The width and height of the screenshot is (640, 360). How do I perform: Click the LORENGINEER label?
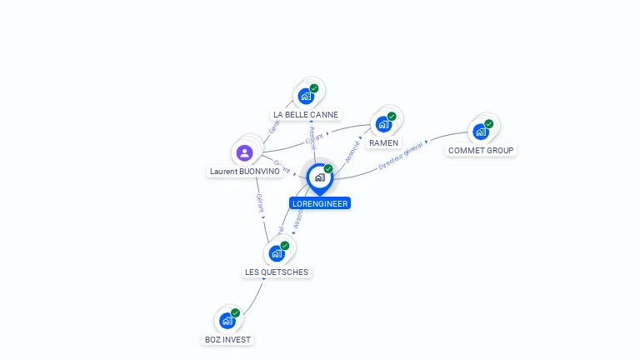pos(320,203)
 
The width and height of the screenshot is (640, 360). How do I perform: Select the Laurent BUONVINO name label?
pos(244,172)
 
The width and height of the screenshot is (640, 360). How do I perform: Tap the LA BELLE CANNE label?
pos(306,114)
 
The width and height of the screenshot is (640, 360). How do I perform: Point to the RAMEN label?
pos(383,143)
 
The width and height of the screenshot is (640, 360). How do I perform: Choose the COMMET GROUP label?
pos(481,151)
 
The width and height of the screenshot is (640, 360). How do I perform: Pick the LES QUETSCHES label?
pos(277,272)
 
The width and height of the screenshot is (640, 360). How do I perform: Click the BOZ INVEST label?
pos(227,340)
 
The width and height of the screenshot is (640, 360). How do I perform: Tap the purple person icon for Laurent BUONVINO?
pos(244,152)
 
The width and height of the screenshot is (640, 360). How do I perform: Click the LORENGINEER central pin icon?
pos(319,177)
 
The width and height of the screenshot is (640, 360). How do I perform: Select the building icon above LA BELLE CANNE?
pos(306,96)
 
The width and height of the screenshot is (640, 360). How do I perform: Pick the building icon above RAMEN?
pos(383,124)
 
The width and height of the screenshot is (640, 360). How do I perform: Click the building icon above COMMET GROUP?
pos(481,132)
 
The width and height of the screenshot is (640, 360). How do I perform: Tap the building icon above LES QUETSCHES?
pos(277,253)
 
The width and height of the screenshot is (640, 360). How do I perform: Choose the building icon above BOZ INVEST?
pos(227,321)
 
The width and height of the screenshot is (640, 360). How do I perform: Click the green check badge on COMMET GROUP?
pos(489,124)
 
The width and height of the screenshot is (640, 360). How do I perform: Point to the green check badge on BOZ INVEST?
pos(236,313)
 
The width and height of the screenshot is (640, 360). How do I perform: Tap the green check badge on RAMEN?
pos(392,117)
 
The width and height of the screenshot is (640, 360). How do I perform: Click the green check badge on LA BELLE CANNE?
pos(314,88)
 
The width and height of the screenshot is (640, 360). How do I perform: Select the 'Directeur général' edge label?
pos(402,156)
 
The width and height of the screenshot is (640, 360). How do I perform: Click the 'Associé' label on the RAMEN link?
pos(352,151)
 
